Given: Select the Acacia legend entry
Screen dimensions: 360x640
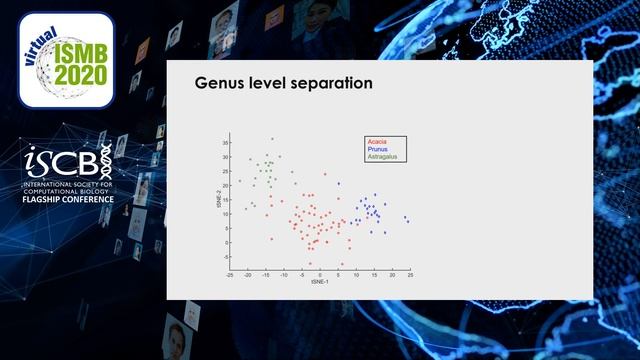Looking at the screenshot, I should [378, 142].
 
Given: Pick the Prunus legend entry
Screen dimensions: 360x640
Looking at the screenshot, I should [378, 149].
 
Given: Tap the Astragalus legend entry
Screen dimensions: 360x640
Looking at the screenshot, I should [382, 157].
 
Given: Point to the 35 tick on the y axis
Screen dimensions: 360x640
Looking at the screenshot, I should [225, 143].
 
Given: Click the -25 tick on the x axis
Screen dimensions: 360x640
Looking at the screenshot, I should [230, 274].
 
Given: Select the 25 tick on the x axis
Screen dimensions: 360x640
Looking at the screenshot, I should [410, 274].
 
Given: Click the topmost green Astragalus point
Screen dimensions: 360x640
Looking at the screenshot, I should [272, 139].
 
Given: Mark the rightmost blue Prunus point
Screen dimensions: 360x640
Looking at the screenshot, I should [408, 221].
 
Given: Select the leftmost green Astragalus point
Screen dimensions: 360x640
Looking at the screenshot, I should [239, 181].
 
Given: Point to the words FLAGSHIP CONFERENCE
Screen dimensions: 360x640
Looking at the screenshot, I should [69, 198].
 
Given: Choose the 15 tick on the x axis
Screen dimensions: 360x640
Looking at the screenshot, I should [374, 274].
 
